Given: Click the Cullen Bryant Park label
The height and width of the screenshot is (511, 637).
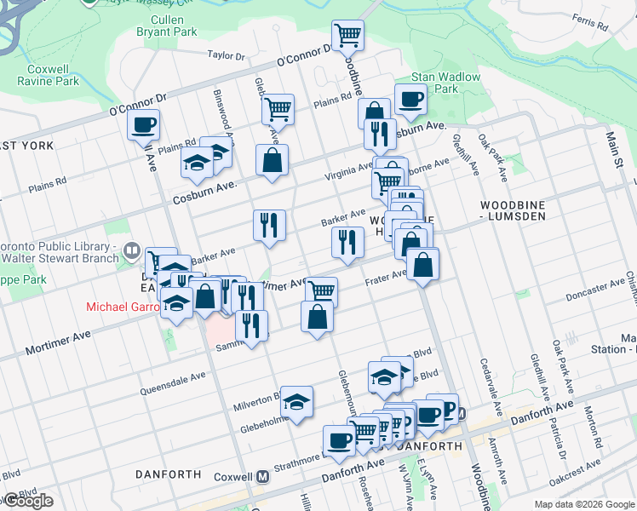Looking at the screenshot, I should (167, 26).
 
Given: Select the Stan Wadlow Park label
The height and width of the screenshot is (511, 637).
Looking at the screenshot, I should (446, 83).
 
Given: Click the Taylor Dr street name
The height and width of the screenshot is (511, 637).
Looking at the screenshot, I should (226, 56).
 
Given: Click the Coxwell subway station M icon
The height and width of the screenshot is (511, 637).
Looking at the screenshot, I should (263, 477).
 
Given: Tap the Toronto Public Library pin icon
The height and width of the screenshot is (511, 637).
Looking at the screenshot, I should (131, 250).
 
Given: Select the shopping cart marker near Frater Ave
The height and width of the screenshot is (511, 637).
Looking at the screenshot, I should (321, 291).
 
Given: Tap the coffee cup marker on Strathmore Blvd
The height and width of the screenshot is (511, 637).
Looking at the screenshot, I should (339, 440).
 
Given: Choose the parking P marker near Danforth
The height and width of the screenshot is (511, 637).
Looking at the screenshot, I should (444, 407).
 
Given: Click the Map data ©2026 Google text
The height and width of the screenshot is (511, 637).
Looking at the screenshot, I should (584, 504).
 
